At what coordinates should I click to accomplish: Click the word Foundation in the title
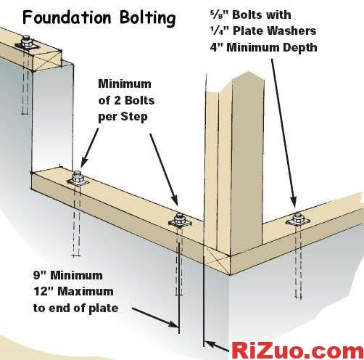[x=67, y=17]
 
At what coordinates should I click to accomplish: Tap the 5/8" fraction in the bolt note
[x=219, y=15]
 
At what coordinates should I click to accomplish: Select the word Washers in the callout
[x=291, y=30]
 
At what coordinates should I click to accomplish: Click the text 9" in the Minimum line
[x=40, y=275]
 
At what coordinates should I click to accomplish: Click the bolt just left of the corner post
[x=180, y=221]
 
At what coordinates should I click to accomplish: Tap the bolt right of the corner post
[x=297, y=220]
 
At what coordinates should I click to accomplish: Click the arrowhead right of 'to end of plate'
[x=173, y=324]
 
